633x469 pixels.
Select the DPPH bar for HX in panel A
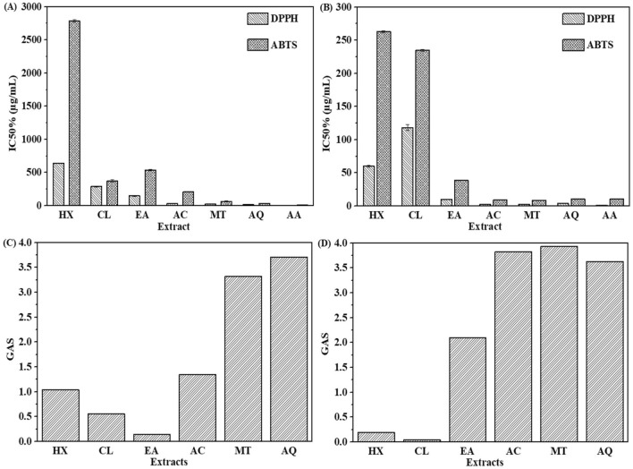[59, 184]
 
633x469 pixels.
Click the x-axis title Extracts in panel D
[477, 463]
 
